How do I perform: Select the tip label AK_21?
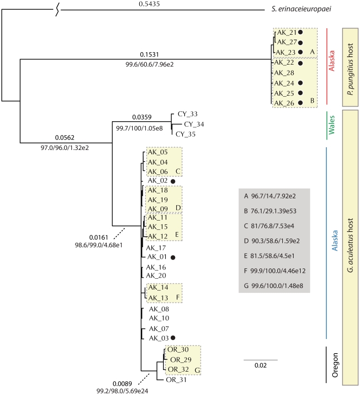point(286,33)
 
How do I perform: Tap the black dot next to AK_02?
point(173,181)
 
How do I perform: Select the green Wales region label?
point(331,124)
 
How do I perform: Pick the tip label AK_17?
point(155,247)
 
